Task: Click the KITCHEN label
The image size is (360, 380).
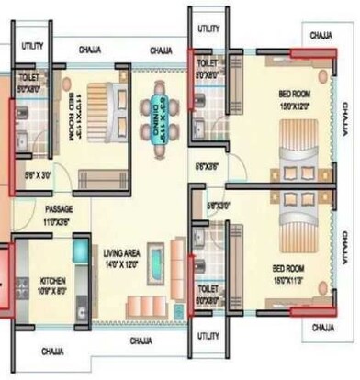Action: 51,281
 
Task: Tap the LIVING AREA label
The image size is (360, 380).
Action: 119,252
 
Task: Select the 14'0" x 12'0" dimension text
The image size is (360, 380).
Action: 119,264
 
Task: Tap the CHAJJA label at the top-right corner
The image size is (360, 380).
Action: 321,35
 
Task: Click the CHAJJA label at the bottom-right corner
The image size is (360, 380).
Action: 321,326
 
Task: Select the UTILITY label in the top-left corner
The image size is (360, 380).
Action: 32,45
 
